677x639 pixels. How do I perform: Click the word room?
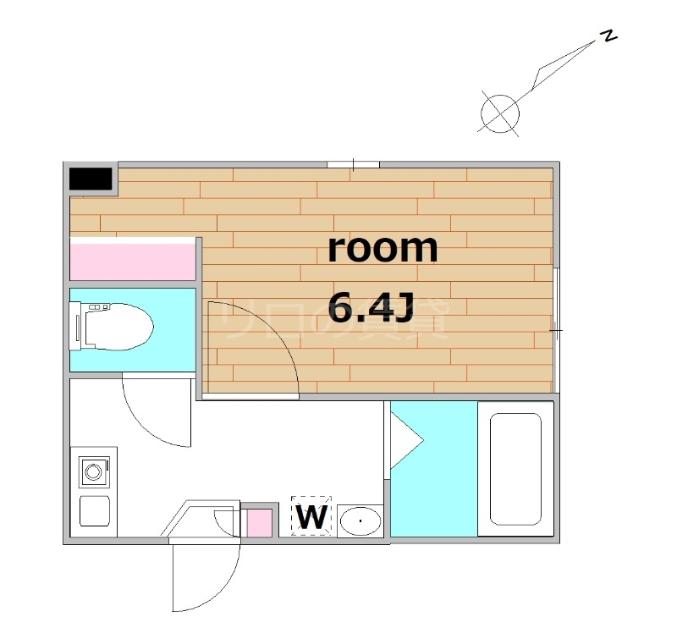[x=383, y=249]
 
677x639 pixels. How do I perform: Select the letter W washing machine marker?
[x=312, y=516]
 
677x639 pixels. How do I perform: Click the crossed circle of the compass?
[x=499, y=112]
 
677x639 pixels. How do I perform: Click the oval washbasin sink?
[x=361, y=521]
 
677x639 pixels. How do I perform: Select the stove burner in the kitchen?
[x=94, y=471]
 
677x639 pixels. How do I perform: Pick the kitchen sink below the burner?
[x=94, y=511]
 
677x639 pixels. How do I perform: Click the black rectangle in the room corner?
[x=91, y=179]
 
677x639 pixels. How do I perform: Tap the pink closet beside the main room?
[x=133, y=259]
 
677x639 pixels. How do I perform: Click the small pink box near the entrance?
[x=259, y=522]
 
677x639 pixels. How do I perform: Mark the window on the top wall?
[x=354, y=164]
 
